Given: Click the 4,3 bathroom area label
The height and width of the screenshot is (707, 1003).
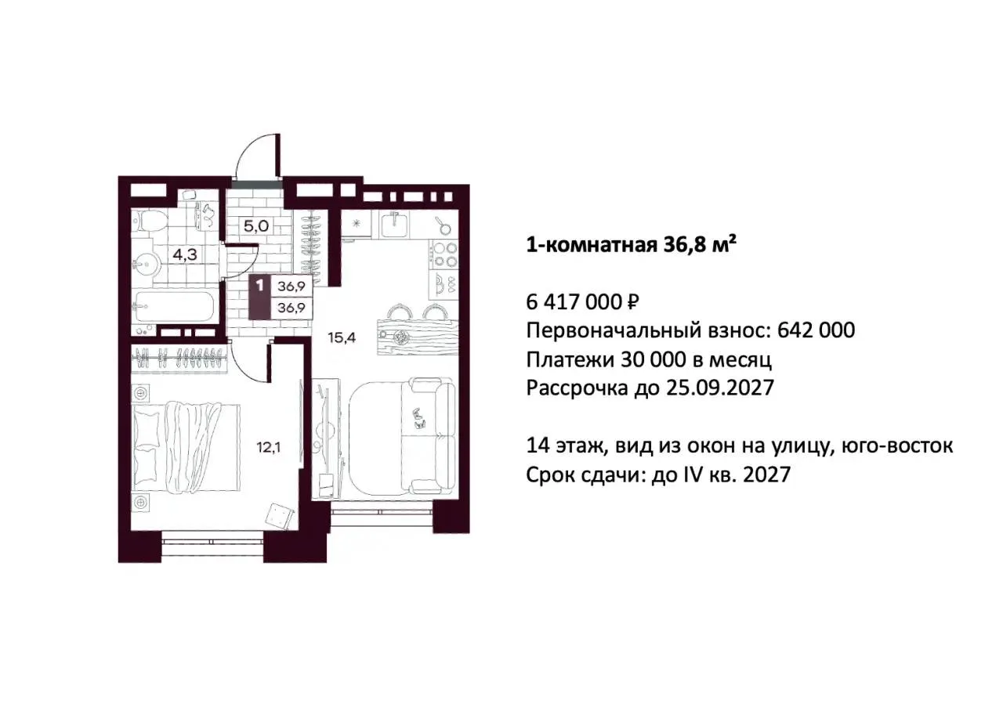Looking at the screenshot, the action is (x=186, y=254).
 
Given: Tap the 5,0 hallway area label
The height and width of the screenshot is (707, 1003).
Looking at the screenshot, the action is (x=256, y=225).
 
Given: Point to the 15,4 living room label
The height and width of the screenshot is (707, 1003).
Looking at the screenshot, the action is (x=342, y=337).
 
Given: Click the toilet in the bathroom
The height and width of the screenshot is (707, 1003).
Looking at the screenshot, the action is (x=149, y=221).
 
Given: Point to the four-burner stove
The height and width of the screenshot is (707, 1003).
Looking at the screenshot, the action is (x=444, y=253).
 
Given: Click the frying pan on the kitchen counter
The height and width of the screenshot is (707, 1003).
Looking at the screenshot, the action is (x=441, y=225).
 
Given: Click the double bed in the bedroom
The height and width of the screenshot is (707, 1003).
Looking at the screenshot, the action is (x=186, y=447).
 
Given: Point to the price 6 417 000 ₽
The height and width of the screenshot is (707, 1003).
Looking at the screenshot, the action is (x=582, y=302).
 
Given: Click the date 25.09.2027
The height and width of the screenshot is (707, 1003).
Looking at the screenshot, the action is (x=720, y=388).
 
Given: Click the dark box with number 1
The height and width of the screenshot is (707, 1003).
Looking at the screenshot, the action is (x=259, y=297).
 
